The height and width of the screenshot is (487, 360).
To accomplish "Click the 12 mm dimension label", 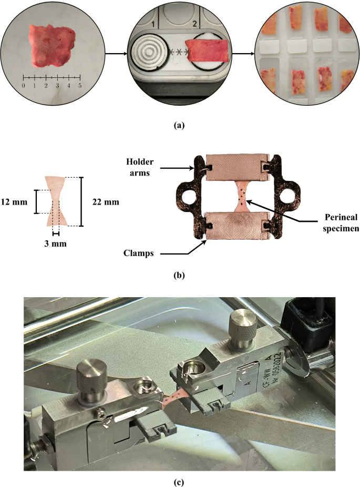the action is click(x=14, y=202).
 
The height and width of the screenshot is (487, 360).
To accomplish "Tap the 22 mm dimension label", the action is click(x=106, y=202).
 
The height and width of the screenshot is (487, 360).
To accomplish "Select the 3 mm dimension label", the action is click(x=55, y=244).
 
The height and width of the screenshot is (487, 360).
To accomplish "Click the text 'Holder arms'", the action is click(x=140, y=167).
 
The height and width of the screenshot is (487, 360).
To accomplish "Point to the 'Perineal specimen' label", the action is click(x=341, y=222).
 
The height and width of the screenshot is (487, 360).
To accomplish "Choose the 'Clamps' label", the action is click(x=138, y=253).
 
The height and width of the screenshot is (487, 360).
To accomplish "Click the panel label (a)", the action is click(x=179, y=125).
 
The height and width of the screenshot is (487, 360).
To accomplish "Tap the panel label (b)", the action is click(x=179, y=275).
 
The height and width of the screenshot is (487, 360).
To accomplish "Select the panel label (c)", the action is click(x=179, y=482).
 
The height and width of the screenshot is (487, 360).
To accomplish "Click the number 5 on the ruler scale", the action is click(x=80, y=85).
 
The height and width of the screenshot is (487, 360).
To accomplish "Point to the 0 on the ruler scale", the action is click(x=24, y=85).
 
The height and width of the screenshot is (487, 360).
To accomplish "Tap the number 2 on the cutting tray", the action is click(x=194, y=24).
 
